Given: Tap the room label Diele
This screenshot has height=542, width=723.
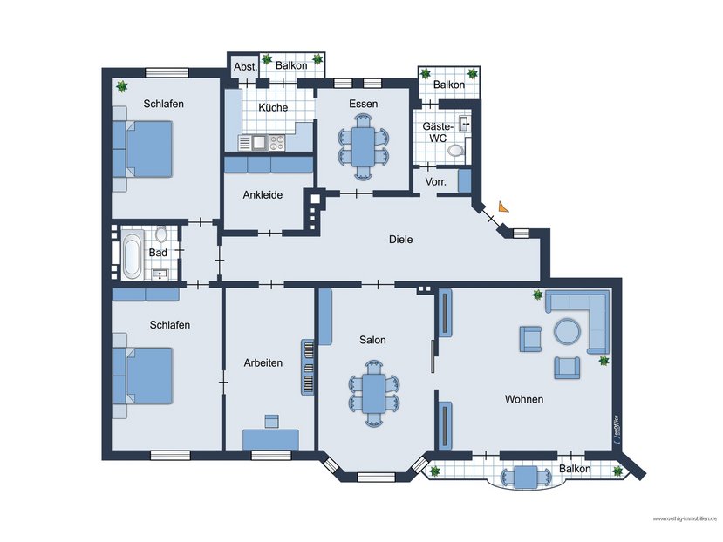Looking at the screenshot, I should point(400,240).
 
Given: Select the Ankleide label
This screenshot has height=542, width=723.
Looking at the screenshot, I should point(262,195).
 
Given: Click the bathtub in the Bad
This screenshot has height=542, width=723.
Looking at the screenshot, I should point(132,255).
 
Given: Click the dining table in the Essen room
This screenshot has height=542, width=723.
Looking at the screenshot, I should point(363,144).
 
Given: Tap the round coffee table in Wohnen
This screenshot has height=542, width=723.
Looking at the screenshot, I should point(568,332).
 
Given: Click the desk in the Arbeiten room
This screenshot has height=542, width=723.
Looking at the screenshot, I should point(270,438).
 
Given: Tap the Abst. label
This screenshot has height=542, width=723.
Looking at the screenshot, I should point(244,66).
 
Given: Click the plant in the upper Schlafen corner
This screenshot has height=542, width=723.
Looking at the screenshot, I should point(122,86).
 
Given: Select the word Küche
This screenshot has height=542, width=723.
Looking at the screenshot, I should point(272,107).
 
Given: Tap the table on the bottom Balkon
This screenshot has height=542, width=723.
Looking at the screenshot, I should point(525,477).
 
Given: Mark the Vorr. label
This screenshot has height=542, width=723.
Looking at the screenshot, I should point(435,181).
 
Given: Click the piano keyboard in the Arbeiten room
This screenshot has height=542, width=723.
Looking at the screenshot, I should point(308,367).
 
